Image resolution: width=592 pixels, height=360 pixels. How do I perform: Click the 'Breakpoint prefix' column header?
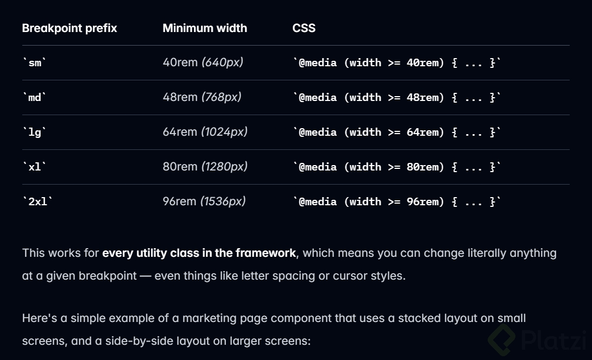click(70, 28)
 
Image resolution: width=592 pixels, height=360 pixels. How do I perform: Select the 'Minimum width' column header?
click(205, 28)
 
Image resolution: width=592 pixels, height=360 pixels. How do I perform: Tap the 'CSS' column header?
click(304, 28)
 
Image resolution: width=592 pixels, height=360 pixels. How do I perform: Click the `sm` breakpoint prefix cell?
click(35, 63)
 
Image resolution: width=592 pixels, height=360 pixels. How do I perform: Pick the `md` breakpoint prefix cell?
click(35, 98)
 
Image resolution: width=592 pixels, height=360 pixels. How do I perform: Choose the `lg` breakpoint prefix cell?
click(35, 132)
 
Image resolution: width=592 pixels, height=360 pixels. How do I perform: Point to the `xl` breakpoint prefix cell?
click(35, 167)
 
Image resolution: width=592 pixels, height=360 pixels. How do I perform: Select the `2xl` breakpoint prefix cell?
click(37, 202)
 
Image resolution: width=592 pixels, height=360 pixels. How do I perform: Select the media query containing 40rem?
click(396, 63)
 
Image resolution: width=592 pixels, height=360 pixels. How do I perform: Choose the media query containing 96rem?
click(396, 202)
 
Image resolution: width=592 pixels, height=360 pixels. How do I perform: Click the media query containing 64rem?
click(396, 132)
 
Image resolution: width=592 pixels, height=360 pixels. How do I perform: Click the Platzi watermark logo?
click(538, 339)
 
